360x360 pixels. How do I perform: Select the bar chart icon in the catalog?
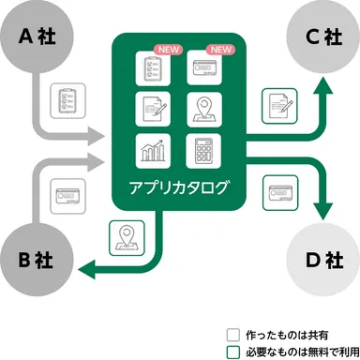pyautogui.click(x=152, y=150)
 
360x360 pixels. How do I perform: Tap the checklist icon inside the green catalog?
pyautogui.click(x=152, y=69)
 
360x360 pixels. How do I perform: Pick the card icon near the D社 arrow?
pyautogui.click(x=280, y=190)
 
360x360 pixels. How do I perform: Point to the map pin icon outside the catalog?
pyautogui.click(x=125, y=237)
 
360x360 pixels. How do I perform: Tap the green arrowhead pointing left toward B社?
pyautogui.click(x=87, y=271)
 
